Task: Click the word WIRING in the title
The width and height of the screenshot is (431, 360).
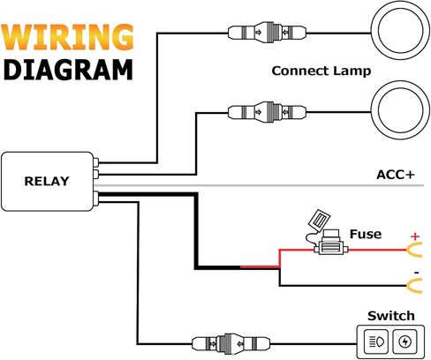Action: [67, 37]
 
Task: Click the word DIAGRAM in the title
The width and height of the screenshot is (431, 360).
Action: [68, 70]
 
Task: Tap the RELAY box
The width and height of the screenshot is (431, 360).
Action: [48, 181]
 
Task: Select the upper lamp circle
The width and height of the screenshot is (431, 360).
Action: [400, 30]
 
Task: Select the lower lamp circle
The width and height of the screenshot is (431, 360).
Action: [400, 110]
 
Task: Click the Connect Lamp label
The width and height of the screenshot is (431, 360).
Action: [321, 71]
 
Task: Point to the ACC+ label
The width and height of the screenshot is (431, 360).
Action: [396, 175]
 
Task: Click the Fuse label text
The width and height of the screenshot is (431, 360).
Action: [366, 234]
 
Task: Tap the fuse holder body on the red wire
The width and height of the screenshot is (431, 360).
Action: [331, 247]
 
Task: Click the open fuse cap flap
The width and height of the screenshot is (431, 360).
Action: [319, 220]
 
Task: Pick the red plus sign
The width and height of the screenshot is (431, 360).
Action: [415, 236]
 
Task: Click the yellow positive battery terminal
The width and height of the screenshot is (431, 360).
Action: [415, 250]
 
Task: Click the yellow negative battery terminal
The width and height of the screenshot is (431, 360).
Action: [415, 285]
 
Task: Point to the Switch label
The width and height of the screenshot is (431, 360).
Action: [391, 316]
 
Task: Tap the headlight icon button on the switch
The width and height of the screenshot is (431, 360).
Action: [376, 341]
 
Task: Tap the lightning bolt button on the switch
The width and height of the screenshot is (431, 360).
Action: [405, 341]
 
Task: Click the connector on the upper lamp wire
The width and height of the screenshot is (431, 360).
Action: [267, 33]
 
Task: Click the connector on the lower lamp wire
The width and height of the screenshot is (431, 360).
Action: [267, 112]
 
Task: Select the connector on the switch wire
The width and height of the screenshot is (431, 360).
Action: [231, 343]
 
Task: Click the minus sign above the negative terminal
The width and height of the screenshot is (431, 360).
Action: [416, 273]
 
